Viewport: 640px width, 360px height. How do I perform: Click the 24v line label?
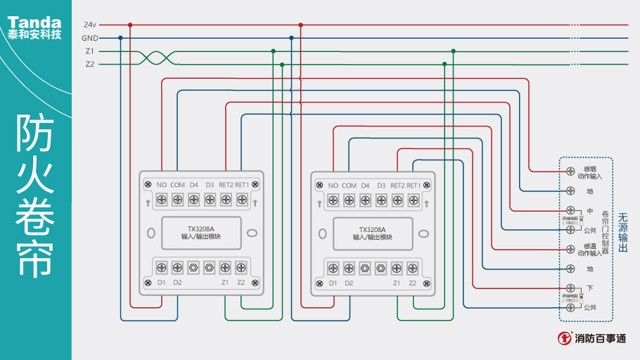point(89,25)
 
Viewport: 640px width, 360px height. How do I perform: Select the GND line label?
point(89,38)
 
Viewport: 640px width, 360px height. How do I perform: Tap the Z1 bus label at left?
point(89,51)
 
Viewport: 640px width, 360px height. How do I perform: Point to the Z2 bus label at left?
point(89,64)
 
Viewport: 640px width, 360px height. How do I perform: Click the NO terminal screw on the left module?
point(161,200)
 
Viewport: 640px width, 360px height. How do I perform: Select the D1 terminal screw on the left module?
point(161,267)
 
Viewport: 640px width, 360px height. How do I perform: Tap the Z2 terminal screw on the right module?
point(413,267)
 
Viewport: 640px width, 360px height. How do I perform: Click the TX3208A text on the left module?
point(200,229)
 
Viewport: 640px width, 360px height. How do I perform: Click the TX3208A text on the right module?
point(372,229)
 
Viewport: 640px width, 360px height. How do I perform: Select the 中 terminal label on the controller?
point(589,211)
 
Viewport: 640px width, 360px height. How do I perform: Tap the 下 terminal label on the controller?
point(589,288)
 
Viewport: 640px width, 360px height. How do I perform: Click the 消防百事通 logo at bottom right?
point(592,338)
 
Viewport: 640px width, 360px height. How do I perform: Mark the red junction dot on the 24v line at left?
point(130,25)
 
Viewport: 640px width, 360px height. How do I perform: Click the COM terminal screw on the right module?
point(349,200)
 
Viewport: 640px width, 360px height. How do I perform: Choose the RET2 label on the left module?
point(226,185)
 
